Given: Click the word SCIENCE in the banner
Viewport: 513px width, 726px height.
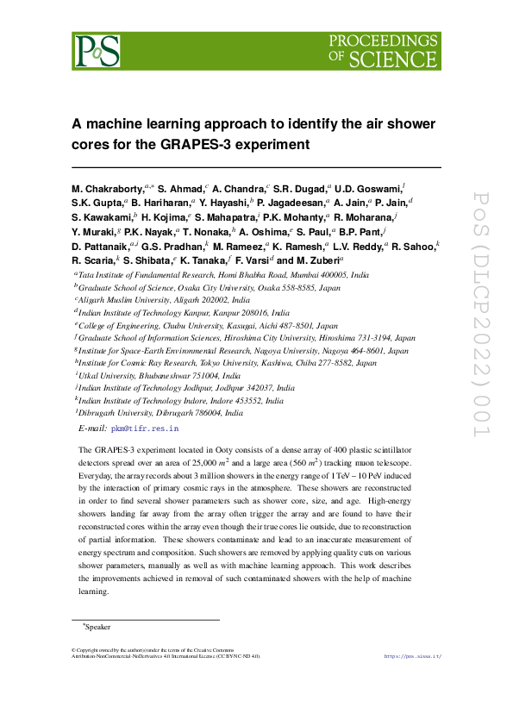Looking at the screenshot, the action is (392, 58).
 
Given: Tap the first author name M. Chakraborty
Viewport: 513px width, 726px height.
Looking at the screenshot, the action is (109, 187).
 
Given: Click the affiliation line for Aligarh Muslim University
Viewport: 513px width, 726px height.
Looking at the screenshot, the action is (164, 299).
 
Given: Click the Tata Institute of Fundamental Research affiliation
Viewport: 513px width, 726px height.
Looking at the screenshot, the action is (224, 274).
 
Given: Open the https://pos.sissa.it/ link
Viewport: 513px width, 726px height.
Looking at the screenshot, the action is (411, 656).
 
